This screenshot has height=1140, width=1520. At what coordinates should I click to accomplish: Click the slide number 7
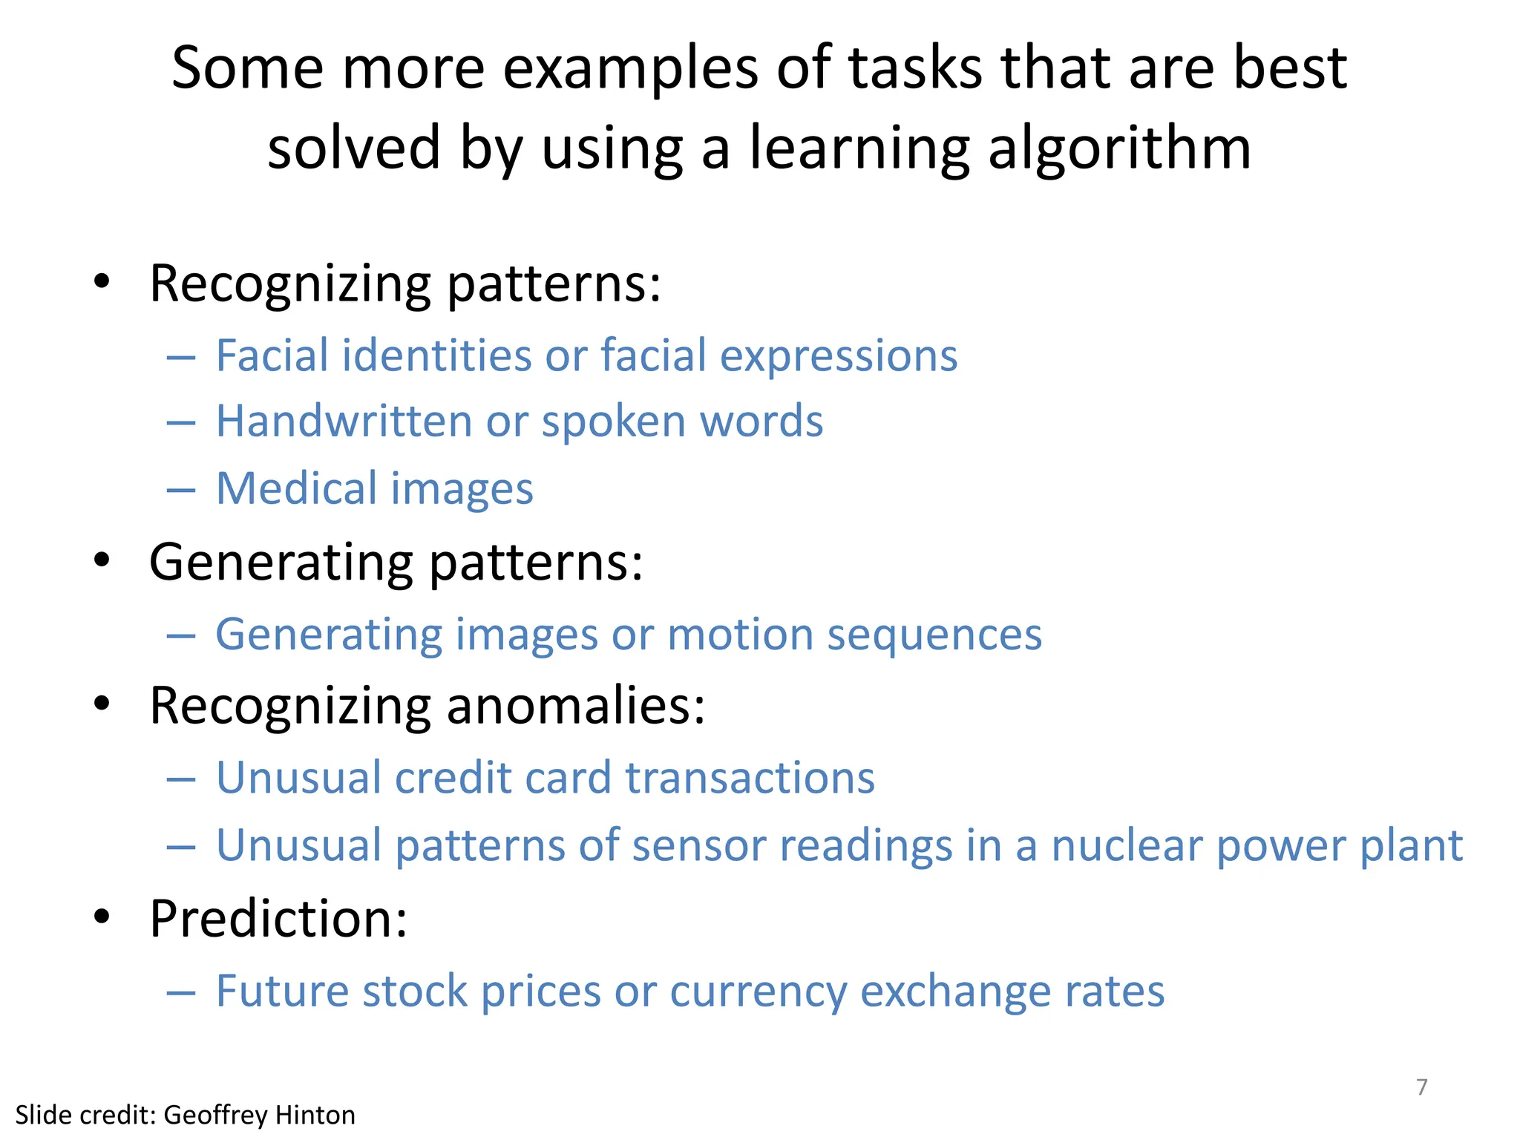pyautogui.click(x=1422, y=1087)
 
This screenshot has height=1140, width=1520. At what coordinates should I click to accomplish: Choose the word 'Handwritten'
pyautogui.click(x=344, y=421)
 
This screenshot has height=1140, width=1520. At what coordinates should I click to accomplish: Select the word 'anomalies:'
pyautogui.click(x=575, y=705)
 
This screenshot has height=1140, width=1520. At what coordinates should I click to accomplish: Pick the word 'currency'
pyautogui.click(x=758, y=991)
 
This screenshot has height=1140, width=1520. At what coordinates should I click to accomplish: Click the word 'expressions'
pyautogui.click(x=839, y=356)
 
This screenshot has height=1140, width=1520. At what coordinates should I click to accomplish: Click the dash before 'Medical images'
pyautogui.click(x=181, y=490)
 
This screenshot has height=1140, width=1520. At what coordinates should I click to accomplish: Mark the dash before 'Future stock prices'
pyautogui.click(x=181, y=992)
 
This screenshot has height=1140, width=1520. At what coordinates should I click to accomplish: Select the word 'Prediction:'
pyautogui.click(x=278, y=919)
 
